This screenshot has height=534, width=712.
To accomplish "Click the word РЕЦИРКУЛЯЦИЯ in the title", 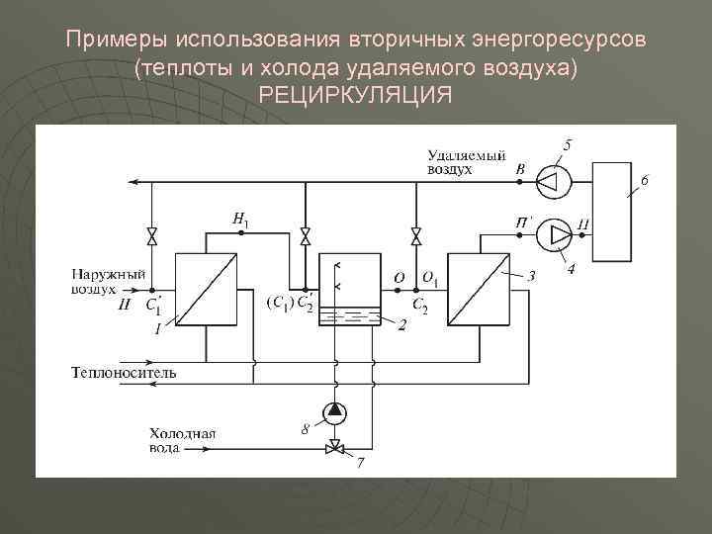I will pyautogui.click(x=355, y=96).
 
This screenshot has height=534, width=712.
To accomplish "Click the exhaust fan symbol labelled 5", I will pyautogui.click(x=552, y=182).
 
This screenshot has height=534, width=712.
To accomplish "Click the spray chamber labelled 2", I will pyautogui.click(x=350, y=292).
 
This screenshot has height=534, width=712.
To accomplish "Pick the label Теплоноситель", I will pyautogui.click(x=124, y=373).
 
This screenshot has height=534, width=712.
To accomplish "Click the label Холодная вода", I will pyautogui.click(x=182, y=441).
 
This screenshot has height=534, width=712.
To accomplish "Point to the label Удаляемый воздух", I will pyautogui.click(x=466, y=162).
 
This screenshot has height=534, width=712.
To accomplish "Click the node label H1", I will pyautogui.click(x=240, y=218).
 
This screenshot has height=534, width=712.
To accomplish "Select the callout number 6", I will pyautogui.click(x=644, y=180).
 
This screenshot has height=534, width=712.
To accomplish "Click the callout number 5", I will pyautogui.click(x=567, y=145).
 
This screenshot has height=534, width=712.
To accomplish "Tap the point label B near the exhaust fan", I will pyautogui.click(x=520, y=170).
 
